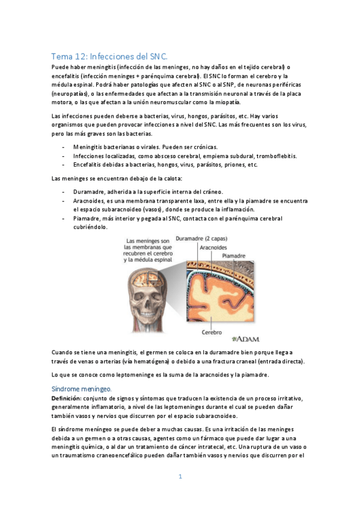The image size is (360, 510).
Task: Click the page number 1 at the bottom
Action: (x=180, y=477)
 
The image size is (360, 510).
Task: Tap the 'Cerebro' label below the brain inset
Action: (x=211, y=332)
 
